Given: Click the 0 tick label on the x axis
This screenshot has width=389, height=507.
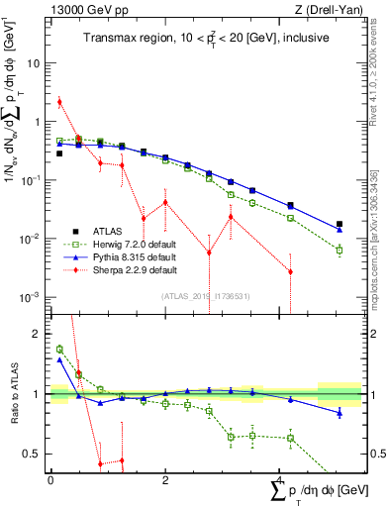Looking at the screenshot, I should pyautogui.click(x=50, y=480).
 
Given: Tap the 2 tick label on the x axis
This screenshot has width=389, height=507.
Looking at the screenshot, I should pyautogui.click(x=165, y=480).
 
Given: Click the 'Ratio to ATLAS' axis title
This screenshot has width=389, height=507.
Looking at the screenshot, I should pyautogui.click(x=14, y=394).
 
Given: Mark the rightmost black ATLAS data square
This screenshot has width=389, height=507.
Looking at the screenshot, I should pyautogui.click(x=340, y=225).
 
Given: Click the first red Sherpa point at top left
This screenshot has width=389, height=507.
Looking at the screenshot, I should pyautogui.click(x=59, y=102).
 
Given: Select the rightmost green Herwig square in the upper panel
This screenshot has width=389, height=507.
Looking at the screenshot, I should pyautogui.click(x=340, y=250).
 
